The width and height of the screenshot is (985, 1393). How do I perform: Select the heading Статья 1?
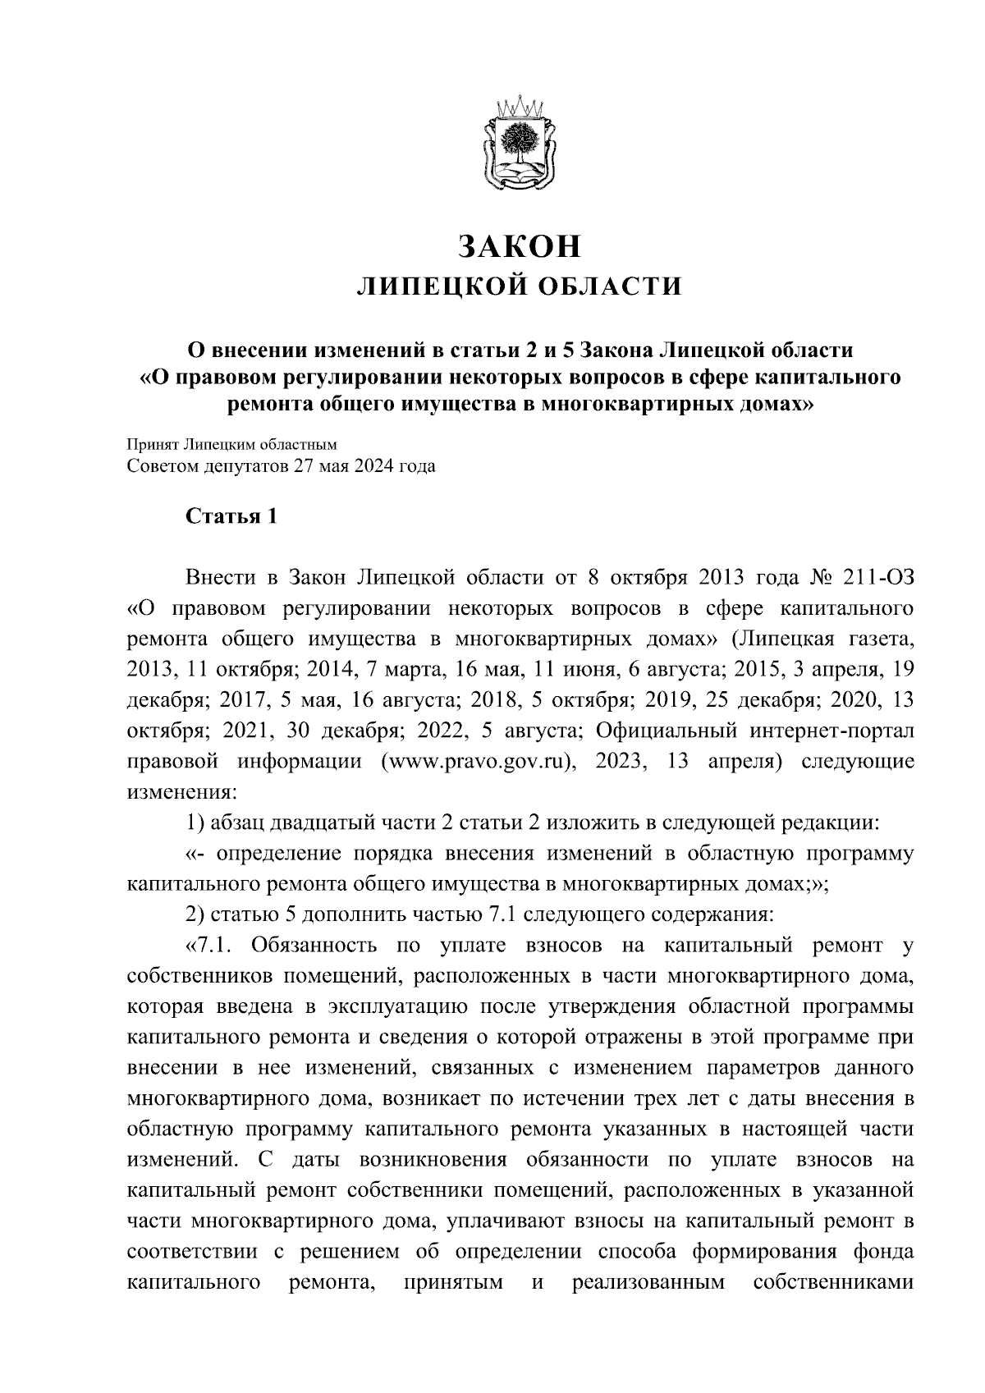(231, 516)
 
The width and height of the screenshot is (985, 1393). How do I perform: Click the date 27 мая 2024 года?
(354, 467)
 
